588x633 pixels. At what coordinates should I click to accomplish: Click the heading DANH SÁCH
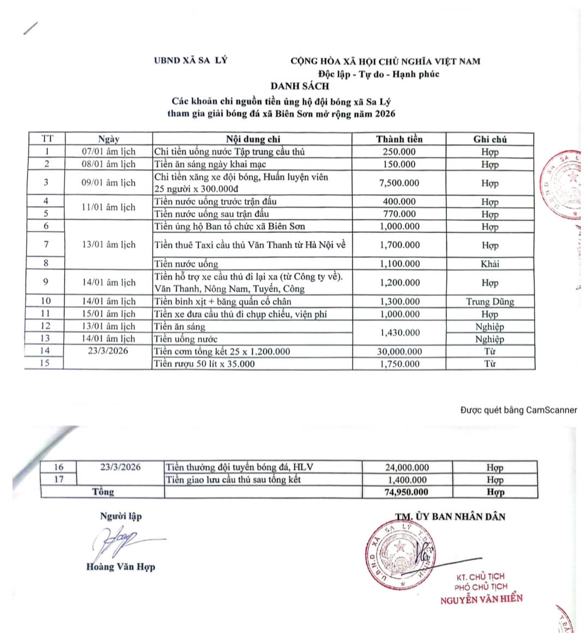[300, 86]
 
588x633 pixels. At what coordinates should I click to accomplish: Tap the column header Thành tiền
[399, 139]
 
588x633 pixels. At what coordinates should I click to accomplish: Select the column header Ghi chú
[490, 139]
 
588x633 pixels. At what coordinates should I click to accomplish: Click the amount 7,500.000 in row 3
[399, 183]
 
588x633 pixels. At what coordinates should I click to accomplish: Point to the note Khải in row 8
[489, 264]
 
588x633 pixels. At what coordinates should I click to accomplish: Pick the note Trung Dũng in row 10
[490, 302]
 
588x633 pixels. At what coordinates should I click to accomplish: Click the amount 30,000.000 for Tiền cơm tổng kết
[399, 352]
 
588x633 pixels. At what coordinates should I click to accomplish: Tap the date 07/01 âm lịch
[108, 152]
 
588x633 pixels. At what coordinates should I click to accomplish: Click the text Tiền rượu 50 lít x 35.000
[204, 364]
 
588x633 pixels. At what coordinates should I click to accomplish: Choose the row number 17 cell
[58, 480]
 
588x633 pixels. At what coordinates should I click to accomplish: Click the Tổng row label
[103, 492]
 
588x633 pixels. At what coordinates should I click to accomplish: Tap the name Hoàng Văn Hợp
[120, 567]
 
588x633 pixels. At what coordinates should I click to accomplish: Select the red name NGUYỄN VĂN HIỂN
[481, 599]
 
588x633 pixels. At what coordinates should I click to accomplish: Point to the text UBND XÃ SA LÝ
[190, 61]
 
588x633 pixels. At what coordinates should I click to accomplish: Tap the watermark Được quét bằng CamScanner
[518, 410]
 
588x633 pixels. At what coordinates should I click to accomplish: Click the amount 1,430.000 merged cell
[399, 333]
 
